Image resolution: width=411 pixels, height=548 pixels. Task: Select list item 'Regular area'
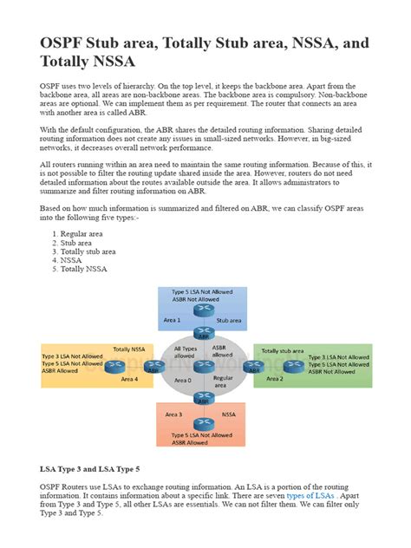coord(85,234)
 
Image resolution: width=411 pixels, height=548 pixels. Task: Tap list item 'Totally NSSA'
coord(85,269)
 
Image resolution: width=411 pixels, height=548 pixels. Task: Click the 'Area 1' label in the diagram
coord(172,319)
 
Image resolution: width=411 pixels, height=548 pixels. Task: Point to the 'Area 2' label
coord(274,378)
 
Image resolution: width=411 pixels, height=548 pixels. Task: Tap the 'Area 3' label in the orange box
coord(173,414)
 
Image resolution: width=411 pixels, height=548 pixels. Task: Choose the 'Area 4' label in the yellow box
coord(129,379)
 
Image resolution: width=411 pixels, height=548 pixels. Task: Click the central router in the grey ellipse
coord(205,366)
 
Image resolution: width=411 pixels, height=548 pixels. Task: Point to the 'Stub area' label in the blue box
coord(229,319)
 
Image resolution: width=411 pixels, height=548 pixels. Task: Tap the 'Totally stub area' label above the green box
coord(283,350)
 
